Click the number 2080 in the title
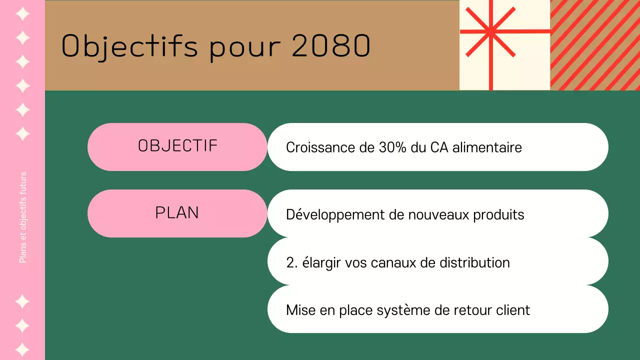tap(330, 46)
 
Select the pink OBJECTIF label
tap(177, 146)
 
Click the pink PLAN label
tap(177, 213)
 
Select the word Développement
tap(335, 215)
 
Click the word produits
tap(498, 215)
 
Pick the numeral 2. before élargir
tap(292, 263)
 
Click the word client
tap(513, 310)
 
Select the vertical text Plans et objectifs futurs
tap(23, 217)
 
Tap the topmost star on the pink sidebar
tap(22, 13)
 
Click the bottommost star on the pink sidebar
tap(22, 349)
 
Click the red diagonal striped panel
tap(595, 45)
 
